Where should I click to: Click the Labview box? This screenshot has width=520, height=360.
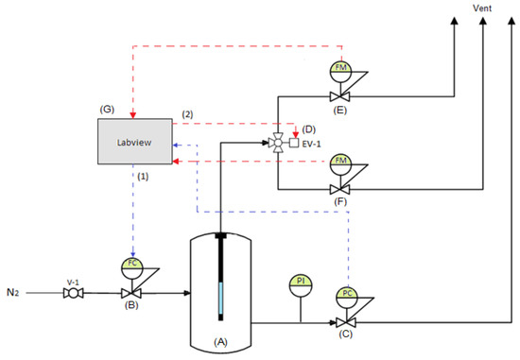pos(133,144)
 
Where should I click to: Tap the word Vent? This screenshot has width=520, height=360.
pos(484,9)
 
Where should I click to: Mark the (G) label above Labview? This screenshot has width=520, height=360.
pos(108,109)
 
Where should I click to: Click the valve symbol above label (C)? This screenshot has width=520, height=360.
pos(346,321)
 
